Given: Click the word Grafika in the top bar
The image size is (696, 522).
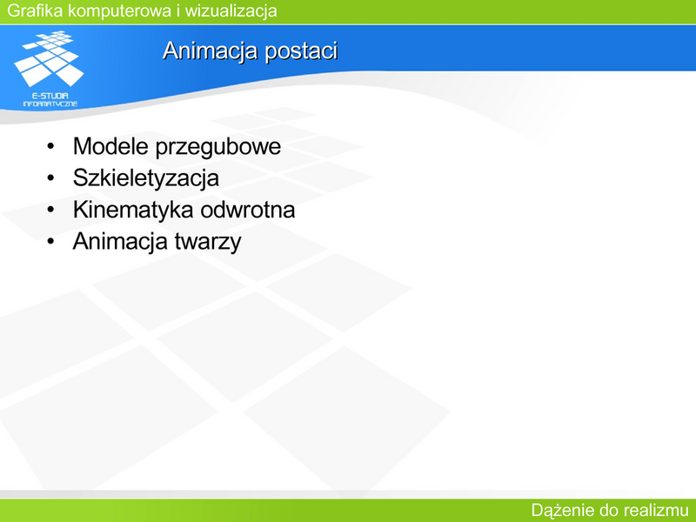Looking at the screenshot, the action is [x=36, y=10].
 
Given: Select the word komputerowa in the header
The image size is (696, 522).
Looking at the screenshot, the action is [x=120, y=11].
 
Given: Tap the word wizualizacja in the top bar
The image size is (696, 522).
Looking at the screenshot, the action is [x=231, y=11].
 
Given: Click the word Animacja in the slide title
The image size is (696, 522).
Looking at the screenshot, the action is [x=211, y=51].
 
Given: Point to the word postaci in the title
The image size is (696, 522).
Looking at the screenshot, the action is [x=301, y=50].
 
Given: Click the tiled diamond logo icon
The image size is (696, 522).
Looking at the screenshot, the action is [x=49, y=58].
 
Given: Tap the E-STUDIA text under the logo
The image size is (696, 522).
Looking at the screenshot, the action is [x=50, y=96].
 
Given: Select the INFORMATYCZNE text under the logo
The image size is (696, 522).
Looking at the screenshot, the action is [x=50, y=104].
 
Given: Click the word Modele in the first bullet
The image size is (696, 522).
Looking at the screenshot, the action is [x=110, y=146].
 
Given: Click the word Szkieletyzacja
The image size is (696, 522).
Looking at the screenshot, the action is [x=146, y=178].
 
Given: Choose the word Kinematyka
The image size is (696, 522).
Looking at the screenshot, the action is [x=133, y=210].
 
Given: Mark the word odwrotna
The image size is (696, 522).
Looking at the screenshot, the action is [x=248, y=210].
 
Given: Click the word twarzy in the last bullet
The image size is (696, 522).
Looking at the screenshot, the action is [x=208, y=243].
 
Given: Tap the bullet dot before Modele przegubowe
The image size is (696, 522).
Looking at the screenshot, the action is [x=50, y=146].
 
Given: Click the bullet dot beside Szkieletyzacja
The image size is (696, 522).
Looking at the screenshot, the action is [x=50, y=177].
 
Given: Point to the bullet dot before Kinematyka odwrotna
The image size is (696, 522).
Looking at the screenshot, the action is [x=50, y=209].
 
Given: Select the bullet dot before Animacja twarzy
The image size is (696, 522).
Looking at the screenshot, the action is [x=50, y=241].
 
